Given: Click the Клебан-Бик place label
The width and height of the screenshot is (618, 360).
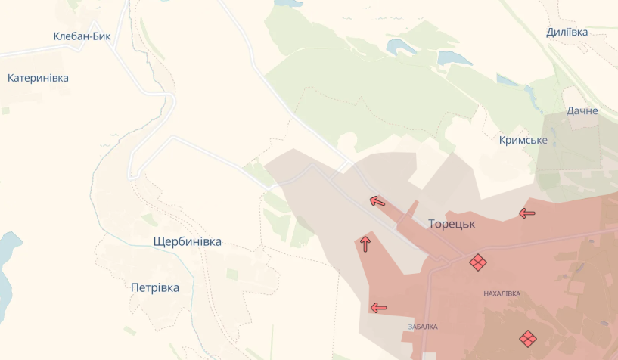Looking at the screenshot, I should (x=82, y=36).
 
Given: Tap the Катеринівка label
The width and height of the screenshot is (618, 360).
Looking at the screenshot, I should (x=38, y=78).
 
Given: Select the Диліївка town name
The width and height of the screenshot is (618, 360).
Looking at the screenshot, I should (x=567, y=33).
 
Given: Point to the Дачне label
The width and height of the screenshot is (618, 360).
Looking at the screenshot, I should (x=582, y=111).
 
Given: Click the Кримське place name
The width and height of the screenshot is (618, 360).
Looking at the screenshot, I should (x=523, y=141).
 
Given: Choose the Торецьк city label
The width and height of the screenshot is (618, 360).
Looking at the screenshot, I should (x=451, y=224).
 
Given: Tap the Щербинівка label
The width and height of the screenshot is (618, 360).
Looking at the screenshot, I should (x=187, y=242).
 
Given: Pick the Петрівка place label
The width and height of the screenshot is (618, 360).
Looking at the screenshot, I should (x=155, y=288).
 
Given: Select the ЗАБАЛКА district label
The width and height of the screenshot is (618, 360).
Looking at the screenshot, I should (x=422, y=327).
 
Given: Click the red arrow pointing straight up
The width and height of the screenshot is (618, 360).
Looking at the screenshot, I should (x=365, y=244).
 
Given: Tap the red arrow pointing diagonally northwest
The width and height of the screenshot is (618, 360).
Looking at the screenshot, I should (x=377, y=200).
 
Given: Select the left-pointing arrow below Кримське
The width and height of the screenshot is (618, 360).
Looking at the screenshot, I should (x=527, y=213).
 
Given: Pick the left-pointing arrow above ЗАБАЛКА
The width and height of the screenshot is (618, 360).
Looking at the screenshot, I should (x=378, y=308).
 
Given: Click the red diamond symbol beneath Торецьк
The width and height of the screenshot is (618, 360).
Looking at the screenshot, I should (x=477, y=262).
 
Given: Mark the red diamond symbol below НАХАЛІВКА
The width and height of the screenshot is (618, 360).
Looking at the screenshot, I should (x=527, y=338).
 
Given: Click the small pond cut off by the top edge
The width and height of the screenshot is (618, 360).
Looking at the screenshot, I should (x=287, y=3).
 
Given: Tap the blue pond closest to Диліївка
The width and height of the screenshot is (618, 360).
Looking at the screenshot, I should (x=455, y=58).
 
